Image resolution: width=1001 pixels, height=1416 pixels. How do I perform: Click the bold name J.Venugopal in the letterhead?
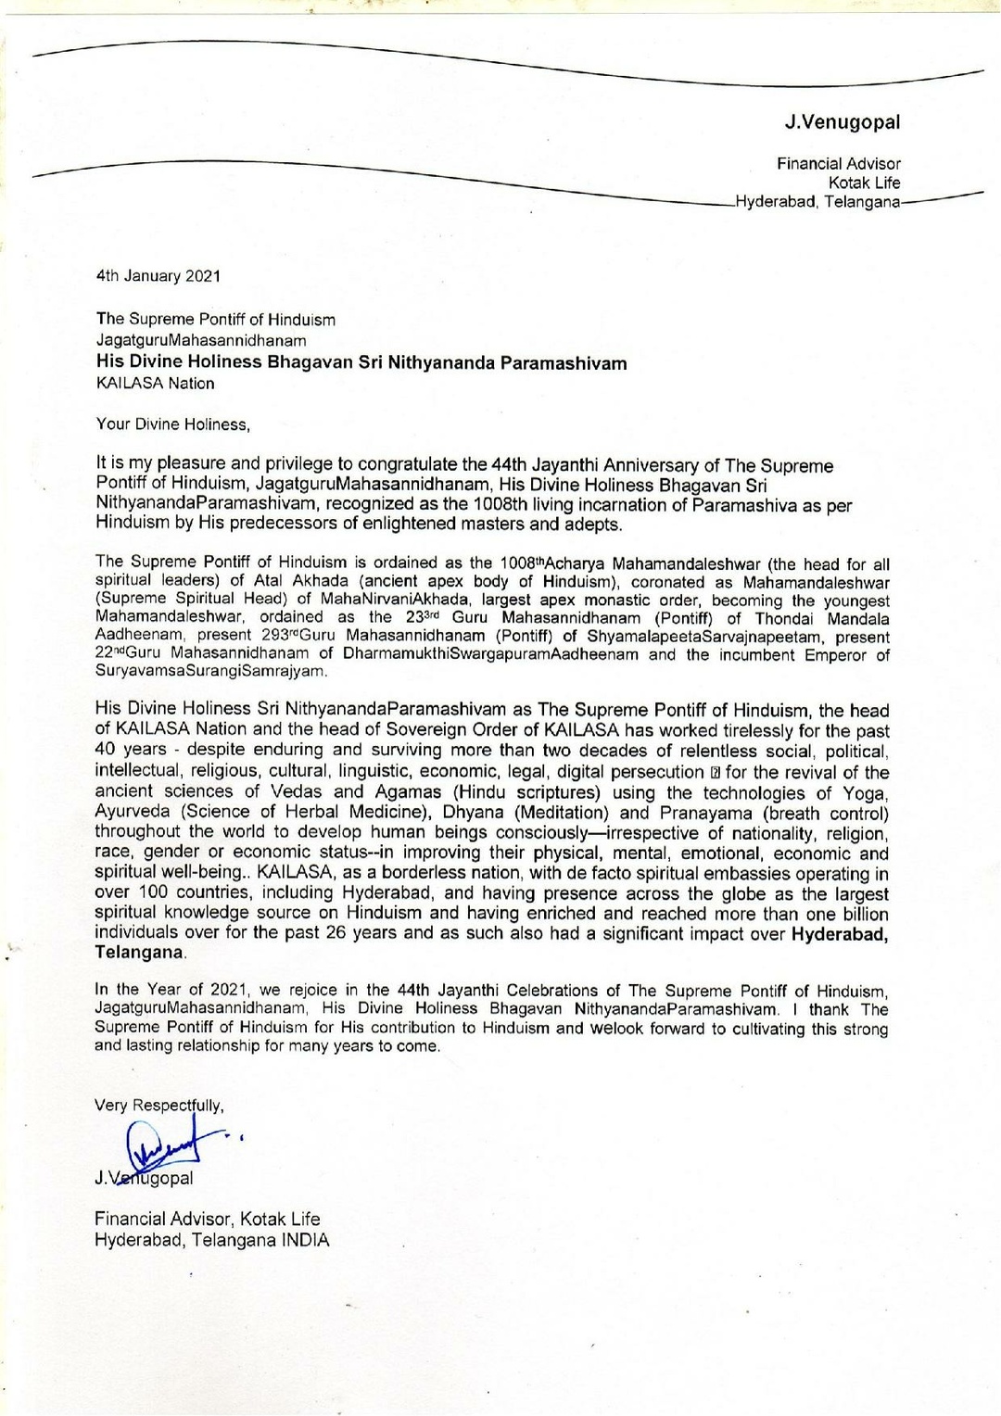pos(842,122)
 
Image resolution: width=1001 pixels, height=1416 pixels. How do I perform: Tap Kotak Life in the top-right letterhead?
pos(864,183)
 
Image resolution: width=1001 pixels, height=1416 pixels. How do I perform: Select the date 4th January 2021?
pos(158,276)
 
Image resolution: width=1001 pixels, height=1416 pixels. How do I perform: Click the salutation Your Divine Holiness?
pos(172,424)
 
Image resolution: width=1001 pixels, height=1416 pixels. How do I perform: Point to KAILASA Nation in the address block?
pos(155,384)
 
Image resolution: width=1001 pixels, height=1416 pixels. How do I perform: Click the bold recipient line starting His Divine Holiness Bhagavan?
pos(361,362)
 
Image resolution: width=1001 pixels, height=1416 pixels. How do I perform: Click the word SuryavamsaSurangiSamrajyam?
pos(210,671)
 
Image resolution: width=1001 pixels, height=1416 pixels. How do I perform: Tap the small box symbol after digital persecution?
pos(715,773)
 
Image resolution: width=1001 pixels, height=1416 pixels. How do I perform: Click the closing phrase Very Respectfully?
pos(158,1106)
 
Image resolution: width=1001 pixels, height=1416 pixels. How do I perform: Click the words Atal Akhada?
pos(301,582)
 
